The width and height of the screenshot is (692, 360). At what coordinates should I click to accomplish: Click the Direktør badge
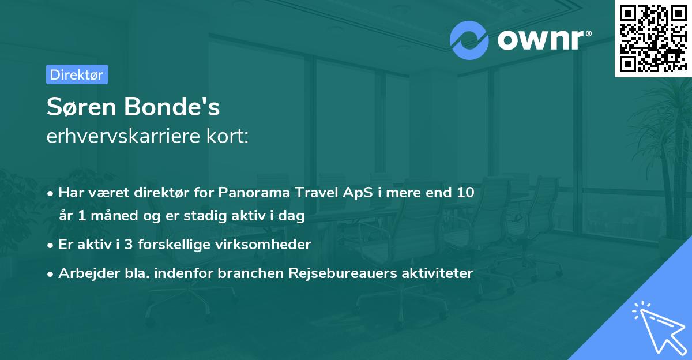pyautogui.click(x=77, y=74)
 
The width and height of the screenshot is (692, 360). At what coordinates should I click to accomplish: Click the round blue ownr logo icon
pyautogui.click(x=469, y=40)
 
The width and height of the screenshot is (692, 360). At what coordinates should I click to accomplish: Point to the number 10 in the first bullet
pyautogui.click(x=465, y=192)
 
